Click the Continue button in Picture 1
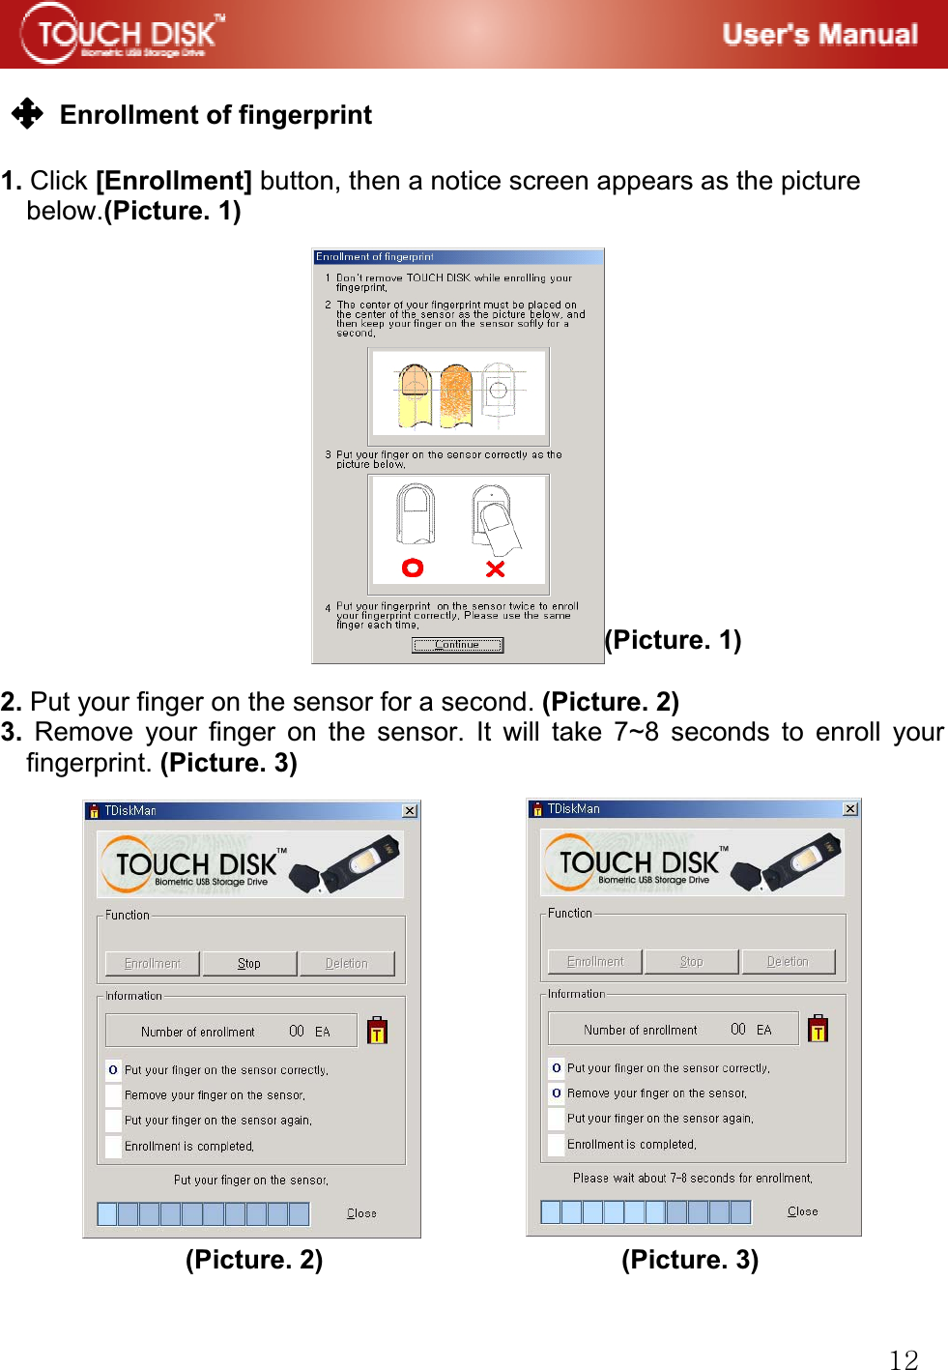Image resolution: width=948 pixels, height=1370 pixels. click(457, 645)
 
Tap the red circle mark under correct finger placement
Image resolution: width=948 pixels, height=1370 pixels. click(413, 568)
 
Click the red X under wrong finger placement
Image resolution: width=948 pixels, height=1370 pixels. click(495, 568)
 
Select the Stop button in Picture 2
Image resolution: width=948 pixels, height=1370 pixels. click(249, 964)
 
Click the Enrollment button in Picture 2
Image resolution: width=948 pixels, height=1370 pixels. click(153, 964)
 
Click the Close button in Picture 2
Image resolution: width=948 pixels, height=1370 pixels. click(361, 1213)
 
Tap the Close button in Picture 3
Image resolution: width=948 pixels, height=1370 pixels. click(802, 1211)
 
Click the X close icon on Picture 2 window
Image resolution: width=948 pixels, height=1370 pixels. click(410, 810)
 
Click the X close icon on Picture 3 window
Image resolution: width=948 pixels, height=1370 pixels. click(850, 808)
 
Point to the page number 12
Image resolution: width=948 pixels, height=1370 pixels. click(904, 1359)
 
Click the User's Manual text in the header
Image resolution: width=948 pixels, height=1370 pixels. click(819, 35)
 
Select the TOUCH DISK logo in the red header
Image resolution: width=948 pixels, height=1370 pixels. click(123, 34)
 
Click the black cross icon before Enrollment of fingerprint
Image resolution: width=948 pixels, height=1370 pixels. click(27, 114)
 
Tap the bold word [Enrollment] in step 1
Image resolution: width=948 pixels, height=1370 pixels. click(174, 181)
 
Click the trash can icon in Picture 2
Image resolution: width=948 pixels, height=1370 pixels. click(378, 1031)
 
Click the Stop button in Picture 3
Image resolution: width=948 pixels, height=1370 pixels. click(691, 962)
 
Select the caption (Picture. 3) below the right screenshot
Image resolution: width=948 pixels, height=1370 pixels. click(690, 1259)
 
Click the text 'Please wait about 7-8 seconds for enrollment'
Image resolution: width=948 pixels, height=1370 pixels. click(692, 1179)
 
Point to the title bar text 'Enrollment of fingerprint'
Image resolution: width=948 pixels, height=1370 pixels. click(375, 257)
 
